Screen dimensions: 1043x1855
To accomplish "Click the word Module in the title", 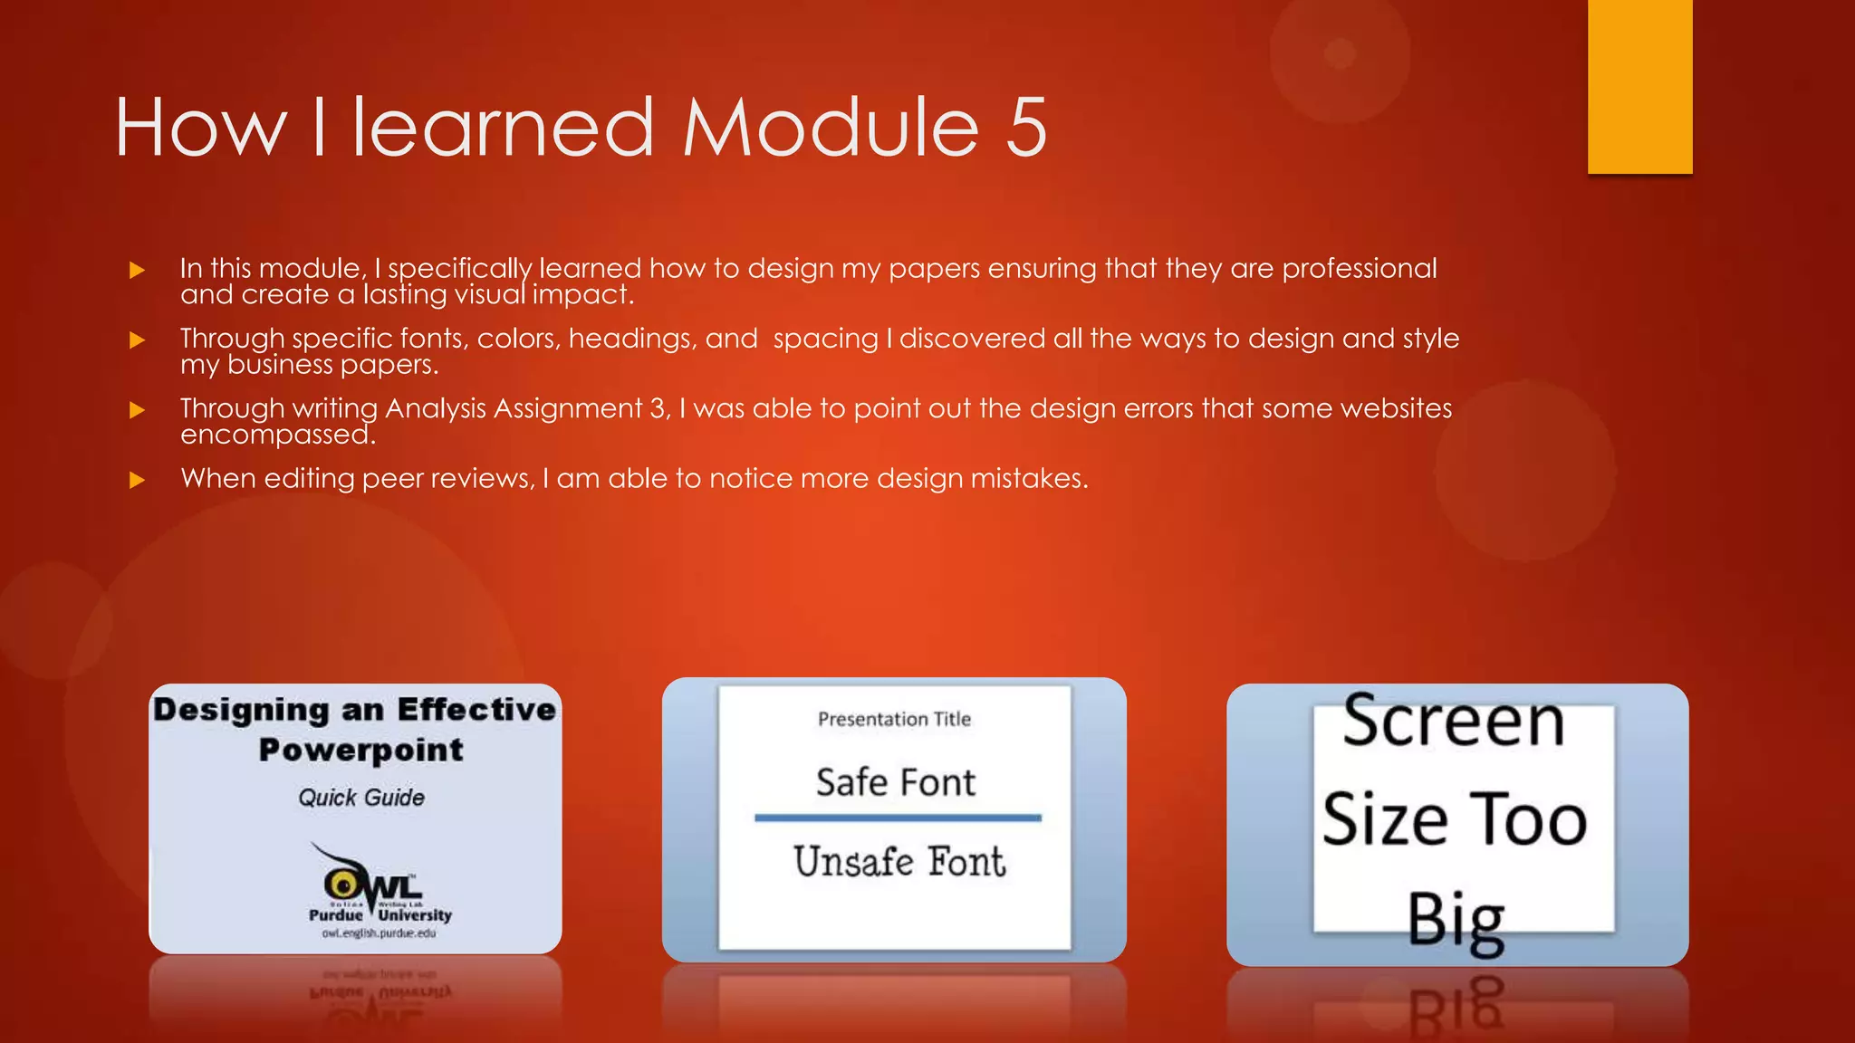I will click(831, 128).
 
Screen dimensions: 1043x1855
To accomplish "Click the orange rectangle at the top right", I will click(1639, 86).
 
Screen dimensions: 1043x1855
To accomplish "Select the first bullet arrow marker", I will click(137, 270).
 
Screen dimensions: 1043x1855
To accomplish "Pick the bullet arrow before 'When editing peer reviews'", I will click(137, 480).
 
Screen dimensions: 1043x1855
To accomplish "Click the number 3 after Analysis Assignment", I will click(658, 408).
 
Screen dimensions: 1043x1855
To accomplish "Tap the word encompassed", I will click(277, 435).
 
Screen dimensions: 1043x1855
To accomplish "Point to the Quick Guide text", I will click(361, 798).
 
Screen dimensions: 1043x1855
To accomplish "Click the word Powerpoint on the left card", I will click(360, 750).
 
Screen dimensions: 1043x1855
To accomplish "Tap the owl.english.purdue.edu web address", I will click(379, 933).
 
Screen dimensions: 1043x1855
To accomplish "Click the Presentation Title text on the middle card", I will click(894, 719).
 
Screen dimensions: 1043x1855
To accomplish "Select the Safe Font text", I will click(895, 782).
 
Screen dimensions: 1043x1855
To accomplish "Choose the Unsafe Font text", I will click(899, 862).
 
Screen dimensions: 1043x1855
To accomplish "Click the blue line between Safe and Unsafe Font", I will click(898, 818).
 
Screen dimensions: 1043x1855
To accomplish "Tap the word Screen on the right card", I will click(1453, 721).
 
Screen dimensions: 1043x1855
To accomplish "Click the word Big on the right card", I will click(1455, 920).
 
